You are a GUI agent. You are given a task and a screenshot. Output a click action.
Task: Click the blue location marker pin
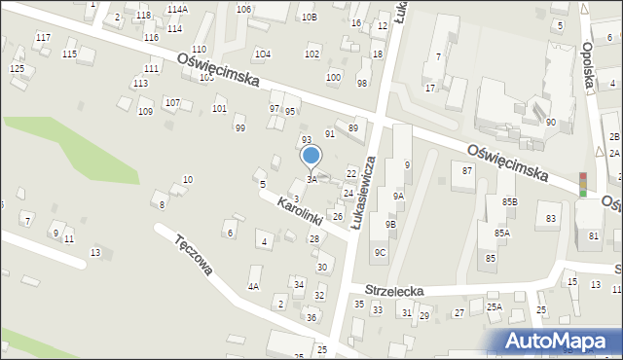coord(311,157)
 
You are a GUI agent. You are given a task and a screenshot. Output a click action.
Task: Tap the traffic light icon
coord(583,184)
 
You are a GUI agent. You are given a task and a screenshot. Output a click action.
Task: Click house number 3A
coord(311,179)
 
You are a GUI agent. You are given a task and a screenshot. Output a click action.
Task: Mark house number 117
coord(43,37)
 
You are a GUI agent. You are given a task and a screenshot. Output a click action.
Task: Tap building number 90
coord(550,122)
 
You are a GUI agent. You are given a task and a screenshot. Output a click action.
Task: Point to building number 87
coord(467,171)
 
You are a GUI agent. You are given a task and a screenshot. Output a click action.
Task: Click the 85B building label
coord(510,201)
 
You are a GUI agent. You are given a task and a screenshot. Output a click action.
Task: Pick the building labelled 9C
coord(381,253)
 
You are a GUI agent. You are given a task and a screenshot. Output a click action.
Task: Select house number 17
coord(429,88)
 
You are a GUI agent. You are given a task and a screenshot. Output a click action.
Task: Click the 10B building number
coord(309,17)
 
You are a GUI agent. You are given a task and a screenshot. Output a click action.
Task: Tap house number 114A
coord(176,9)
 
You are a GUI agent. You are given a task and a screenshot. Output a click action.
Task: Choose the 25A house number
coord(495,307)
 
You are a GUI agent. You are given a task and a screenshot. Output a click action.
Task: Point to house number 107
coord(172,102)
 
